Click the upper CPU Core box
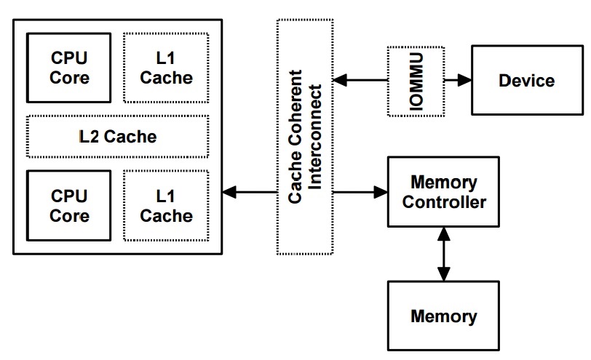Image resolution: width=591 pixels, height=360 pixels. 70,67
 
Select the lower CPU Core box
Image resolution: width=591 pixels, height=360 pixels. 70,205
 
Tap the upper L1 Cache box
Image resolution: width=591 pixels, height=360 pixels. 167,67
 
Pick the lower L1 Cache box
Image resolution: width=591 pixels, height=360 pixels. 167,205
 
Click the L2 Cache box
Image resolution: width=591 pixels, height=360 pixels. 118,136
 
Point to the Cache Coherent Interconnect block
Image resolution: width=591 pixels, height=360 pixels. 305,136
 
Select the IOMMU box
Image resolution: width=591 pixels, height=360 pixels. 416,80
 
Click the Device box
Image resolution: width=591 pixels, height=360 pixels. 527,80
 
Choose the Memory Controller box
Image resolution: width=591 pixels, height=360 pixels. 444,191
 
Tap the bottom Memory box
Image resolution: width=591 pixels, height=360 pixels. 444,316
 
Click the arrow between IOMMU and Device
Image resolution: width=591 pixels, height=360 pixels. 457,80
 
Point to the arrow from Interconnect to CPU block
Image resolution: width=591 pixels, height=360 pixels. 250,193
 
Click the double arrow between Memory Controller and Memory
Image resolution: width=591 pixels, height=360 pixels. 443,253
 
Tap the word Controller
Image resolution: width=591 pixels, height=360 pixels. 444,201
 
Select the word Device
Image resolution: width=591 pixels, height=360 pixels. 527,80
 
